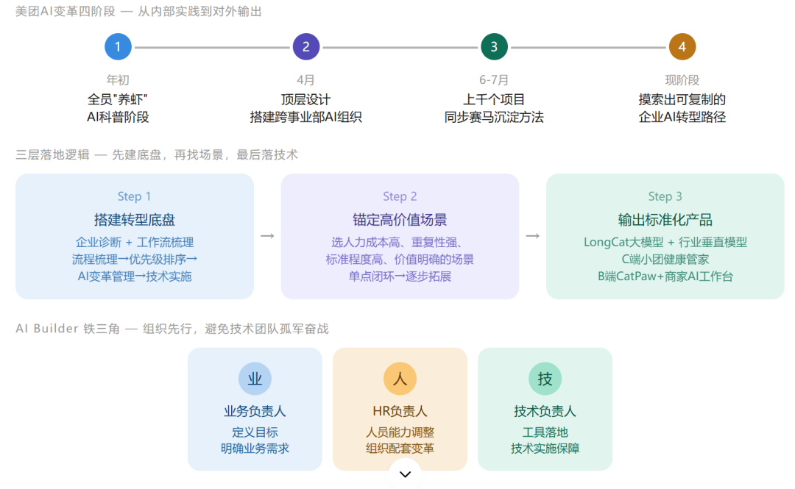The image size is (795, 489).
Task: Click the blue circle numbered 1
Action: coord(118,46)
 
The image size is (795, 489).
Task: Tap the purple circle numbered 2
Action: coord(306,46)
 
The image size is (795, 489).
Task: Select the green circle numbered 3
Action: coord(495,46)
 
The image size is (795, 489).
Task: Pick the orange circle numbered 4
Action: coord(682,46)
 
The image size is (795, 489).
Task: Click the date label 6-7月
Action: coord(494,80)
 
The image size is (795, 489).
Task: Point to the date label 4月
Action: coord(305,80)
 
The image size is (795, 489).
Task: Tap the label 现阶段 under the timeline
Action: coord(682,80)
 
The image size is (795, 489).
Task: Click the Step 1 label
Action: coord(134,196)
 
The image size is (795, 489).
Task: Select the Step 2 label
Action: coord(400,196)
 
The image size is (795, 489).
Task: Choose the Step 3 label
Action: coord(665,196)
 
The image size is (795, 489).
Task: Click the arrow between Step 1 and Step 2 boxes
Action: coord(267,236)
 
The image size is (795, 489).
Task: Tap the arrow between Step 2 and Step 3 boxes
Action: coord(532,236)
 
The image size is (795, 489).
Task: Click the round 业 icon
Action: coord(255,379)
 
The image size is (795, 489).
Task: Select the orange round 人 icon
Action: coord(400,379)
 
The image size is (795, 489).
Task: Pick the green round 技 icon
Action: coord(545,379)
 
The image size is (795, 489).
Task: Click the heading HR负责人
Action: coord(400,411)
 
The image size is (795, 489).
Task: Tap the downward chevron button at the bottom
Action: coord(405,474)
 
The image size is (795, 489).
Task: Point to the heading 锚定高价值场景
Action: coord(400,219)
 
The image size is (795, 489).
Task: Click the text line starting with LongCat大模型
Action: coord(665,242)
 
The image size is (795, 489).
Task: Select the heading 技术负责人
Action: coord(545,411)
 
